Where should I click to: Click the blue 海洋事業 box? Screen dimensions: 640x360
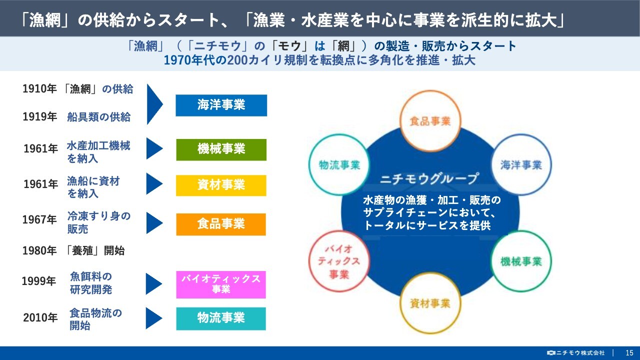pos(221,105)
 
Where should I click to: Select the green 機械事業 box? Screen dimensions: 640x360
pos(221,149)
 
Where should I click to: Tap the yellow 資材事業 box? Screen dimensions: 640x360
pos(221,185)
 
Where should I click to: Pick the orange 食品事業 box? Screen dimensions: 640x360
pos(221,224)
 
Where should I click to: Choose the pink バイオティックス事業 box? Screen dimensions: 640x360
pos(221,284)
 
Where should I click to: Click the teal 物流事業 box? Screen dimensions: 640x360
pos(221,318)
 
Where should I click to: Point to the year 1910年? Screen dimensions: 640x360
pos(39,89)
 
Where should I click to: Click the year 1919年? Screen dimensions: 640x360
pos(39,116)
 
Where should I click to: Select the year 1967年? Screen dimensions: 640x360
pos(39,219)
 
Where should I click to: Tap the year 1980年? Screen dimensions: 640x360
pos(39,250)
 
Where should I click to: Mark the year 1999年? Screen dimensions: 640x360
pos(39,281)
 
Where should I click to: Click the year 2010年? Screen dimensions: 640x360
pos(40,317)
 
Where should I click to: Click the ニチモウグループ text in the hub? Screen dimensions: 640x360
pos(429,179)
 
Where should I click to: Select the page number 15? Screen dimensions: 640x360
pos(629,353)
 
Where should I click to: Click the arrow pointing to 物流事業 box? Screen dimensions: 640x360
pos(154,318)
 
